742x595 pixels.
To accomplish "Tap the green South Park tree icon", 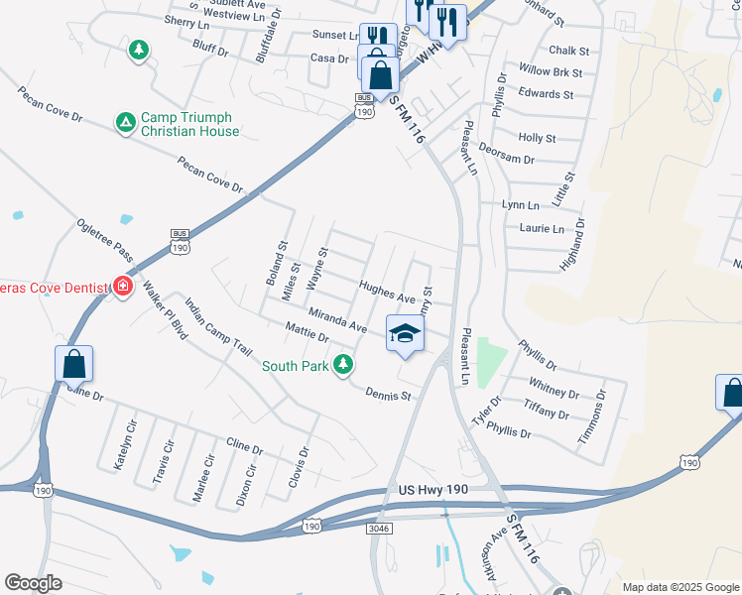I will click(343, 366).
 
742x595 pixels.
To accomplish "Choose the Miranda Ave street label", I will click(338, 319).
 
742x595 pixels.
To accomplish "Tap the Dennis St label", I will click(387, 395).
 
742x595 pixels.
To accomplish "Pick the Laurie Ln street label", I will click(542, 229).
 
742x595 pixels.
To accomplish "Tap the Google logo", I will click(33, 583).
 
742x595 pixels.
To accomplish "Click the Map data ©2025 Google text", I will click(680, 587).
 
